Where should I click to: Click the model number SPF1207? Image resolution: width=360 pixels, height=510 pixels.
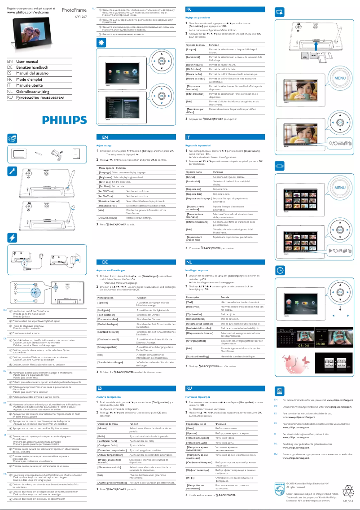81,16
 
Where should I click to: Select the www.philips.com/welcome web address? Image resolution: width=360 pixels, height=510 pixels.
28,13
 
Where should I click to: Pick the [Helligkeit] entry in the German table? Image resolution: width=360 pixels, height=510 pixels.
104,310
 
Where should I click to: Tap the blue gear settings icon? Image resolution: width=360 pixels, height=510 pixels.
101,42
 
